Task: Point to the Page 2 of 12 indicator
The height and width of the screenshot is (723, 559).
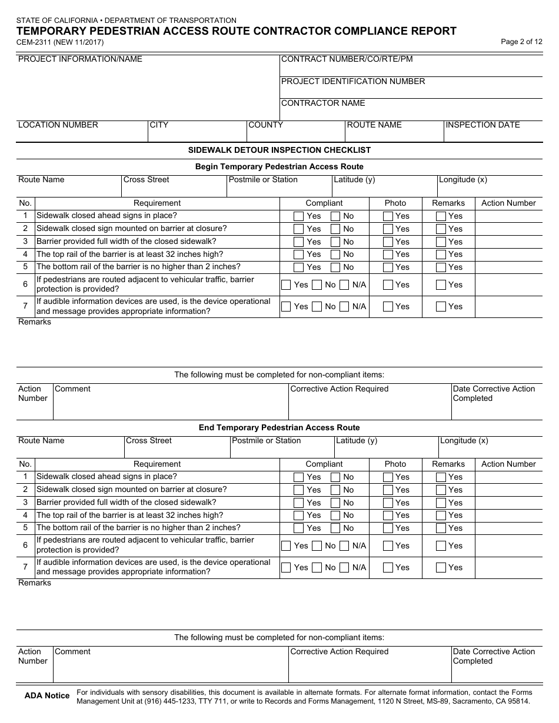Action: [x=521, y=42]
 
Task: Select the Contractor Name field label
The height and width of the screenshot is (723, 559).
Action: [x=323, y=103]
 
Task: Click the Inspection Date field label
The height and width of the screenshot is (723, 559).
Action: [x=483, y=125]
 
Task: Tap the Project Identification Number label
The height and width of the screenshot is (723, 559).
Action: [x=353, y=82]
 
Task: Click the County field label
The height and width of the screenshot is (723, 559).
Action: [x=265, y=125]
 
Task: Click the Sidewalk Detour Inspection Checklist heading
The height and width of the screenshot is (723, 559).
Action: [x=279, y=150]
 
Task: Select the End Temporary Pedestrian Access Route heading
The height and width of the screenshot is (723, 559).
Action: [x=279, y=428]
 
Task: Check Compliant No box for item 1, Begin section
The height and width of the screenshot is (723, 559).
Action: [x=335, y=216]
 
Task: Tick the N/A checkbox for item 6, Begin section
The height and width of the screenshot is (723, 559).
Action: [x=345, y=285]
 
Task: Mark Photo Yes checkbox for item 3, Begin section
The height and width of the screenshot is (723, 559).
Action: [x=388, y=242]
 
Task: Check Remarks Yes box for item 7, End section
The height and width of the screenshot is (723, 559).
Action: [x=441, y=568]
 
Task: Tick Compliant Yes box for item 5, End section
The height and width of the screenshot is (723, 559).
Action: [x=298, y=528]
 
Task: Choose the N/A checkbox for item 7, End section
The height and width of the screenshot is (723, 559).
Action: [x=345, y=568]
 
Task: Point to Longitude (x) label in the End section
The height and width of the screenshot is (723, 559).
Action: [x=464, y=441]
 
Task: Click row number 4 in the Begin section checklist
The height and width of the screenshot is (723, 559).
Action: [x=25, y=255]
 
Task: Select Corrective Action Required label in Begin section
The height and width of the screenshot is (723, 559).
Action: [x=340, y=389]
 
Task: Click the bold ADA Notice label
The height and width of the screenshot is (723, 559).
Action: [x=47, y=696]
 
